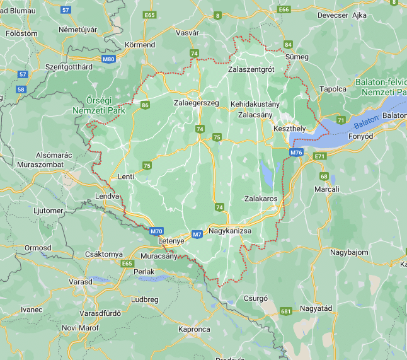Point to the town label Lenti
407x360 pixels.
point(125,177)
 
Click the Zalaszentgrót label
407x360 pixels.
point(251,69)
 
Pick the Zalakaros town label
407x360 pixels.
point(261,198)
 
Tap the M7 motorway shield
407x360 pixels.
point(197,235)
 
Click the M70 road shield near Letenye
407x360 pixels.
point(157,231)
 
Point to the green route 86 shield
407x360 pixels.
point(146,105)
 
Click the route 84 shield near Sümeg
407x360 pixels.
point(289,45)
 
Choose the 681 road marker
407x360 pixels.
point(286,311)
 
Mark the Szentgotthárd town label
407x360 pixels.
point(69,67)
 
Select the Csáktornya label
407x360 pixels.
point(103,253)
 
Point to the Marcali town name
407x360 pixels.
point(328,189)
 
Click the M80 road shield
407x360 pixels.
point(108,59)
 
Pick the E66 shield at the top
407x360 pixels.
point(284,9)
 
